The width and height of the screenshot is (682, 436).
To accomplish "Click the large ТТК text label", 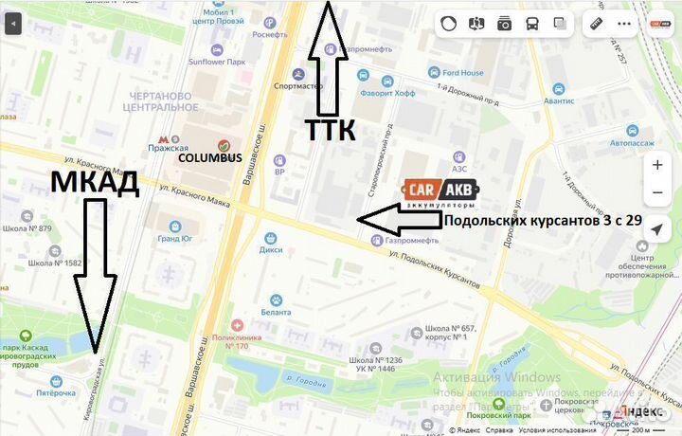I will (329, 130).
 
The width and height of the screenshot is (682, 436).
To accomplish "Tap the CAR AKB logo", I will (440, 193).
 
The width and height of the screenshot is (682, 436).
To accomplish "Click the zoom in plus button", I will (657, 165).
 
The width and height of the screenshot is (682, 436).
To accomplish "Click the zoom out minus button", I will (657, 193).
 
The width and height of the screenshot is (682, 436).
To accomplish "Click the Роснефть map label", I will (270, 35).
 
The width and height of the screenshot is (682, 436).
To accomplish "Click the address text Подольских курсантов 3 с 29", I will (543, 223).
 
